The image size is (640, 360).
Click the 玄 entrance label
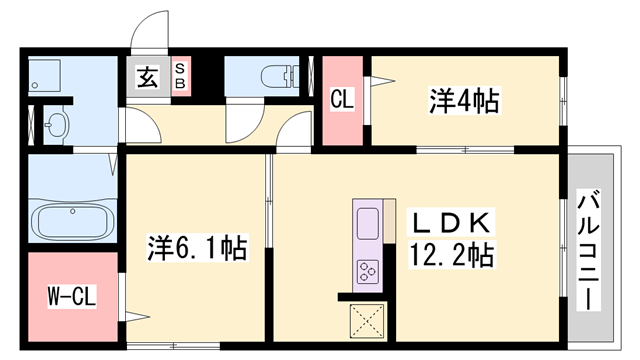point(147,76)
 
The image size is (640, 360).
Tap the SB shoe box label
point(180,76)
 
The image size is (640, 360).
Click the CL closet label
point(341,100)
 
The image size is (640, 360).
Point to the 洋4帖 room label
point(464,100)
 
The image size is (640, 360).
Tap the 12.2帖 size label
point(450,255)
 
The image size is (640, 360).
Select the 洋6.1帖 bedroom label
point(198,246)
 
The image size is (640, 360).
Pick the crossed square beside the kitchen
point(366,322)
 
